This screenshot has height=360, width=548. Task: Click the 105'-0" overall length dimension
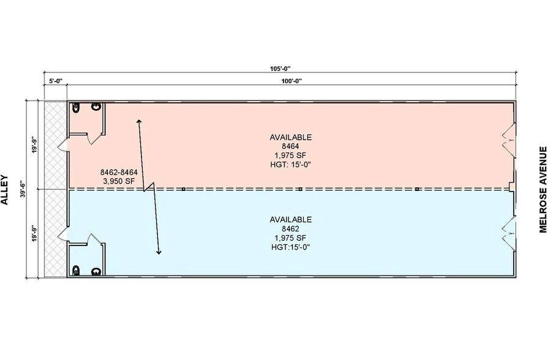[x=280, y=69]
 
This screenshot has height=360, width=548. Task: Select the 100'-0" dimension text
[x=292, y=81]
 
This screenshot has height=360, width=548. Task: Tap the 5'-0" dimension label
[x=55, y=81]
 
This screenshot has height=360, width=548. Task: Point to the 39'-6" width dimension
[x=23, y=189]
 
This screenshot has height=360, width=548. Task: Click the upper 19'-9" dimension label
[x=34, y=144]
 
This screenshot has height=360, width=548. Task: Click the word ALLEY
[x=4, y=190]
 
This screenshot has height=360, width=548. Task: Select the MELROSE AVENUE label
[x=542, y=189]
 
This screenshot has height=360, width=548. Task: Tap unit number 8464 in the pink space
[x=290, y=146]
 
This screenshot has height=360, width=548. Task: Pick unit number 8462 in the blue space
[x=290, y=229]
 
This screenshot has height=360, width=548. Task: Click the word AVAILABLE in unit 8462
[x=290, y=220]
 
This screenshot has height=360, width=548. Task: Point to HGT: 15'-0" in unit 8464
[x=290, y=165]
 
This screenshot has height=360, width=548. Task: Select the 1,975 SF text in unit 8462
[x=290, y=238]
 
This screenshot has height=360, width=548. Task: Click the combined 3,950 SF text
[x=119, y=181]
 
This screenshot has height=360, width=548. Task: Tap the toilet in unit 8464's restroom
[x=76, y=108]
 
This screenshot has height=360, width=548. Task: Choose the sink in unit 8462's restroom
[x=97, y=271]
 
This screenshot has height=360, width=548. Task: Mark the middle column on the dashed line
[x=300, y=189]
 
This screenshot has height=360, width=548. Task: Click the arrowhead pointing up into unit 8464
[x=139, y=121]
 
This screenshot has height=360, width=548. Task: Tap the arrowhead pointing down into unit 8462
[x=159, y=252]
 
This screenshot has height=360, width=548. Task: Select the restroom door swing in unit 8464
[x=94, y=139]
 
